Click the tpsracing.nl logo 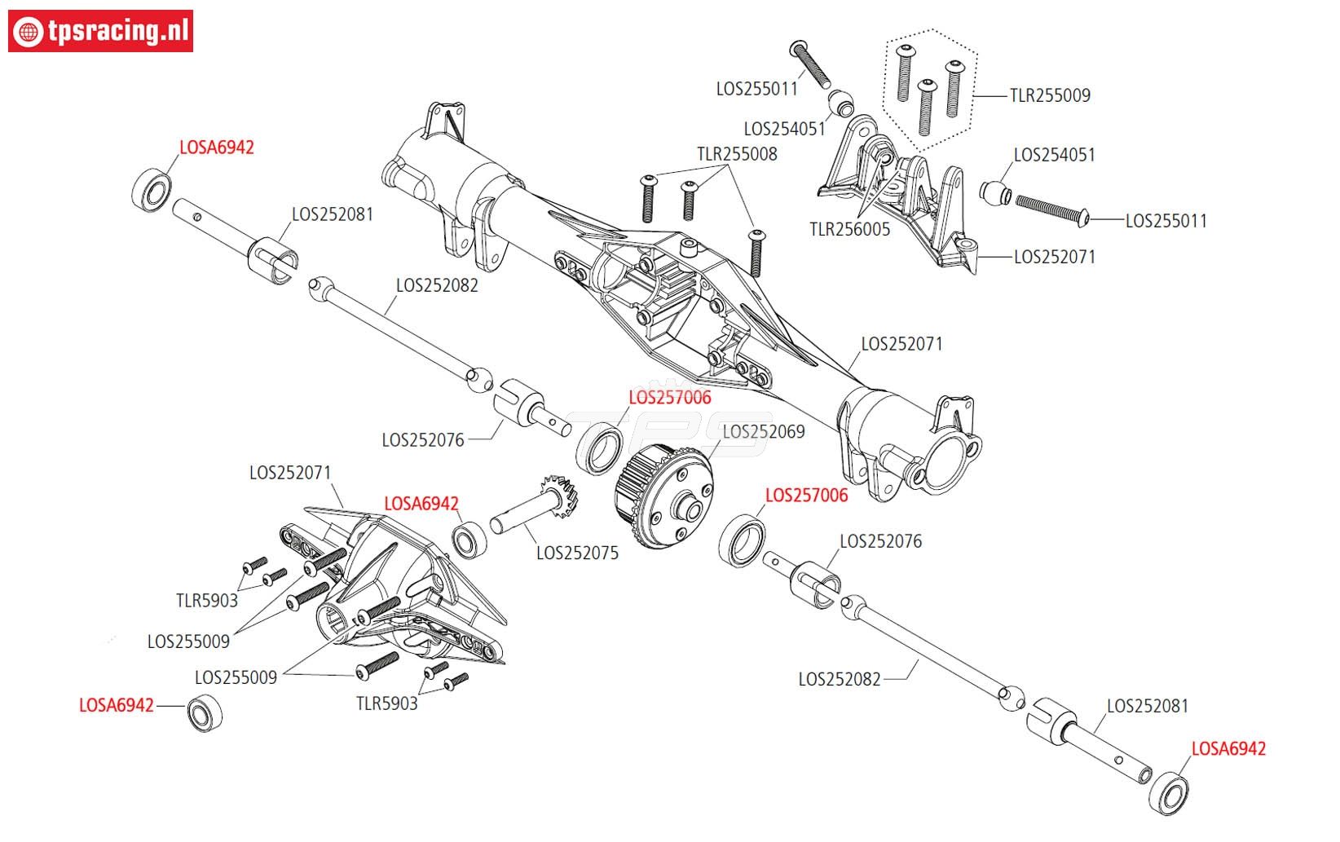pos(100,31)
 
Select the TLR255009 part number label pos(1049,95)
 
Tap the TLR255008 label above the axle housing pos(736,154)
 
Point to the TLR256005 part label pos(849,230)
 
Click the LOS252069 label pos(764,431)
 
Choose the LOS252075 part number pos(577,553)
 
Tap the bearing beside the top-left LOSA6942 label pos(152,189)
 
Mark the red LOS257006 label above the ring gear pos(669,398)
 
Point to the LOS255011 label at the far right pos(1166,221)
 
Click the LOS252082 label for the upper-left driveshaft pos(437,286)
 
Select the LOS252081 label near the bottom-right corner pos(1147,706)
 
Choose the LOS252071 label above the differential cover pos(290,473)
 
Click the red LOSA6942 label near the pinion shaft pos(421,505)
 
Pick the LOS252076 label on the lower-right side pos(880,541)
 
